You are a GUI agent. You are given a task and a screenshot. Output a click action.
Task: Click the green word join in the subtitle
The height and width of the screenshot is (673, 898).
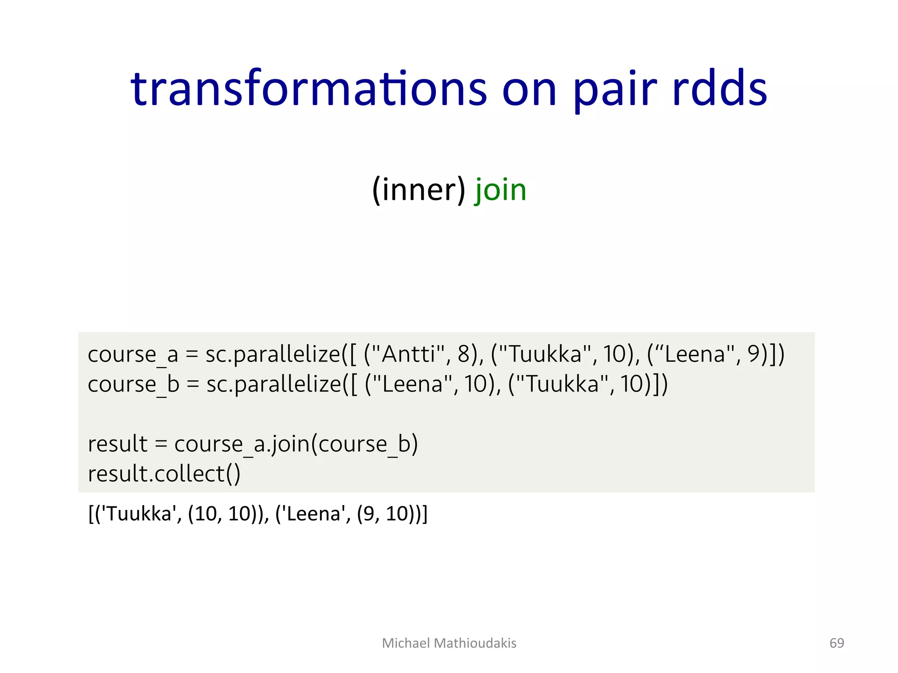click(x=500, y=191)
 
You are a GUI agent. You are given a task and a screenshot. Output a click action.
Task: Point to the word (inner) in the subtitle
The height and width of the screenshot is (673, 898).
click(x=419, y=191)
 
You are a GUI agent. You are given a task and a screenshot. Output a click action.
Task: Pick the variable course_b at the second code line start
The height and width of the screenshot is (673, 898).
click(x=133, y=384)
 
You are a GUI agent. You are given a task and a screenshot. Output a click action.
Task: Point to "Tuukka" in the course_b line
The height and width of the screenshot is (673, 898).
click(x=562, y=384)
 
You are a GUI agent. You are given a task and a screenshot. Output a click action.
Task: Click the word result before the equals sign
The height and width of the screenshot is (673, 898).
click(x=117, y=444)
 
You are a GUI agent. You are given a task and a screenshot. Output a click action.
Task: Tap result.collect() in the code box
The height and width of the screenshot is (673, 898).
click(x=164, y=474)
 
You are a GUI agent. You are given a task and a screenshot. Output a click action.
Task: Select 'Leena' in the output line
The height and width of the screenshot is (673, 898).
click(x=313, y=514)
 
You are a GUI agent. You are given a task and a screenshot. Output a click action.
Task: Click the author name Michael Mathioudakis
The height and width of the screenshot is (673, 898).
click(x=449, y=643)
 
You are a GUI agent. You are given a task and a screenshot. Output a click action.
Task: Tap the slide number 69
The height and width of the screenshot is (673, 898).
click(x=837, y=643)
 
